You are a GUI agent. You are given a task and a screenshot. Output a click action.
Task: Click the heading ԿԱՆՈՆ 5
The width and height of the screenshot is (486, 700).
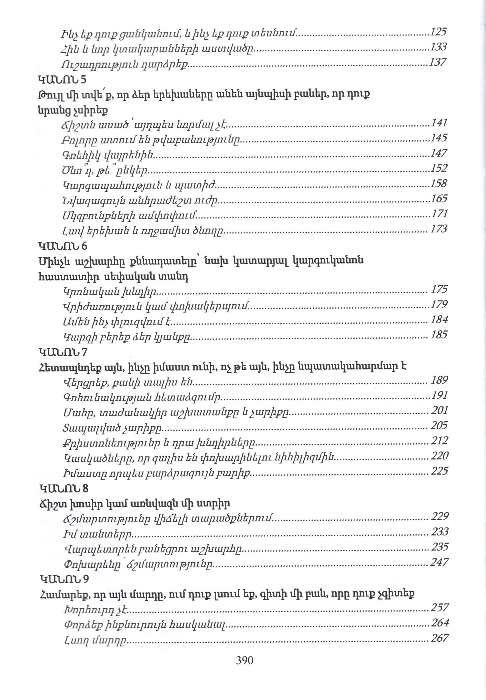[62, 79]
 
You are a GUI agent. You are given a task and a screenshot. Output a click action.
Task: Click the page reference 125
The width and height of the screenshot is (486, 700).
[438, 32]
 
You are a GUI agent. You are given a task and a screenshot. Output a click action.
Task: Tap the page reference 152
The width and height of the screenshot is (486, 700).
[439, 168]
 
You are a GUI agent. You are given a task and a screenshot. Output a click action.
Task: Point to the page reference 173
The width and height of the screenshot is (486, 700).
[439, 229]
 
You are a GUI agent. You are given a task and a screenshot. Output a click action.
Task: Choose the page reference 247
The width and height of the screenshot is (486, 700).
[439, 562]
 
